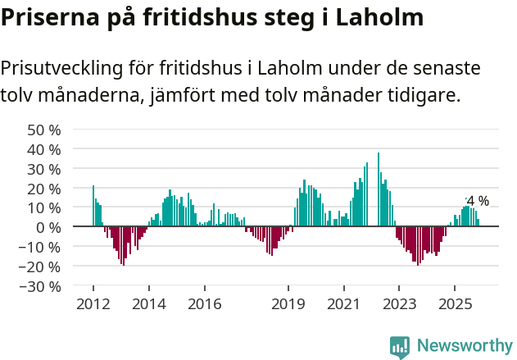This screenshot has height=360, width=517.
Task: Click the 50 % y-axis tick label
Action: pos(44,130)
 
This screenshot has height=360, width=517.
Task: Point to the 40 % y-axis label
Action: pos(44,149)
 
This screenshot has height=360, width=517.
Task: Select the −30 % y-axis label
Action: pos(40,286)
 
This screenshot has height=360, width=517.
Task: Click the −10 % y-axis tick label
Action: pos(40,247)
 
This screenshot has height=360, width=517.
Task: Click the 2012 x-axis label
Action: pos(93,304)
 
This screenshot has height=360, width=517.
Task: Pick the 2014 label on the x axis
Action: pos(148,304)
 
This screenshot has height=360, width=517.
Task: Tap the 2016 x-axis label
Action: pos(204,304)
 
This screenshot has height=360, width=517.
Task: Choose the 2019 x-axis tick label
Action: pos(288,304)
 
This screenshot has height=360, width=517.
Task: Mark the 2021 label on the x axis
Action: pos(343,304)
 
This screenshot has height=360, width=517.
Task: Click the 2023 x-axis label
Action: pos(399,304)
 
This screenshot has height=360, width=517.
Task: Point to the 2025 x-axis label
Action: pos(455,304)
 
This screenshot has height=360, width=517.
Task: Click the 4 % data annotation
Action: pos(477,201)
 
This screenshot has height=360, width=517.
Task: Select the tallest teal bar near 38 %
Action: pos(379,189)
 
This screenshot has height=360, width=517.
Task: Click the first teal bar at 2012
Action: pos(93,206)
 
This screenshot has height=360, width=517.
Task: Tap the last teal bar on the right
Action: pos(478,222)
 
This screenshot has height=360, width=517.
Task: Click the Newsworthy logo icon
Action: pos(400,346)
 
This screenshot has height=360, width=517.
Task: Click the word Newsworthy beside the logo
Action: pos(464,346)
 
